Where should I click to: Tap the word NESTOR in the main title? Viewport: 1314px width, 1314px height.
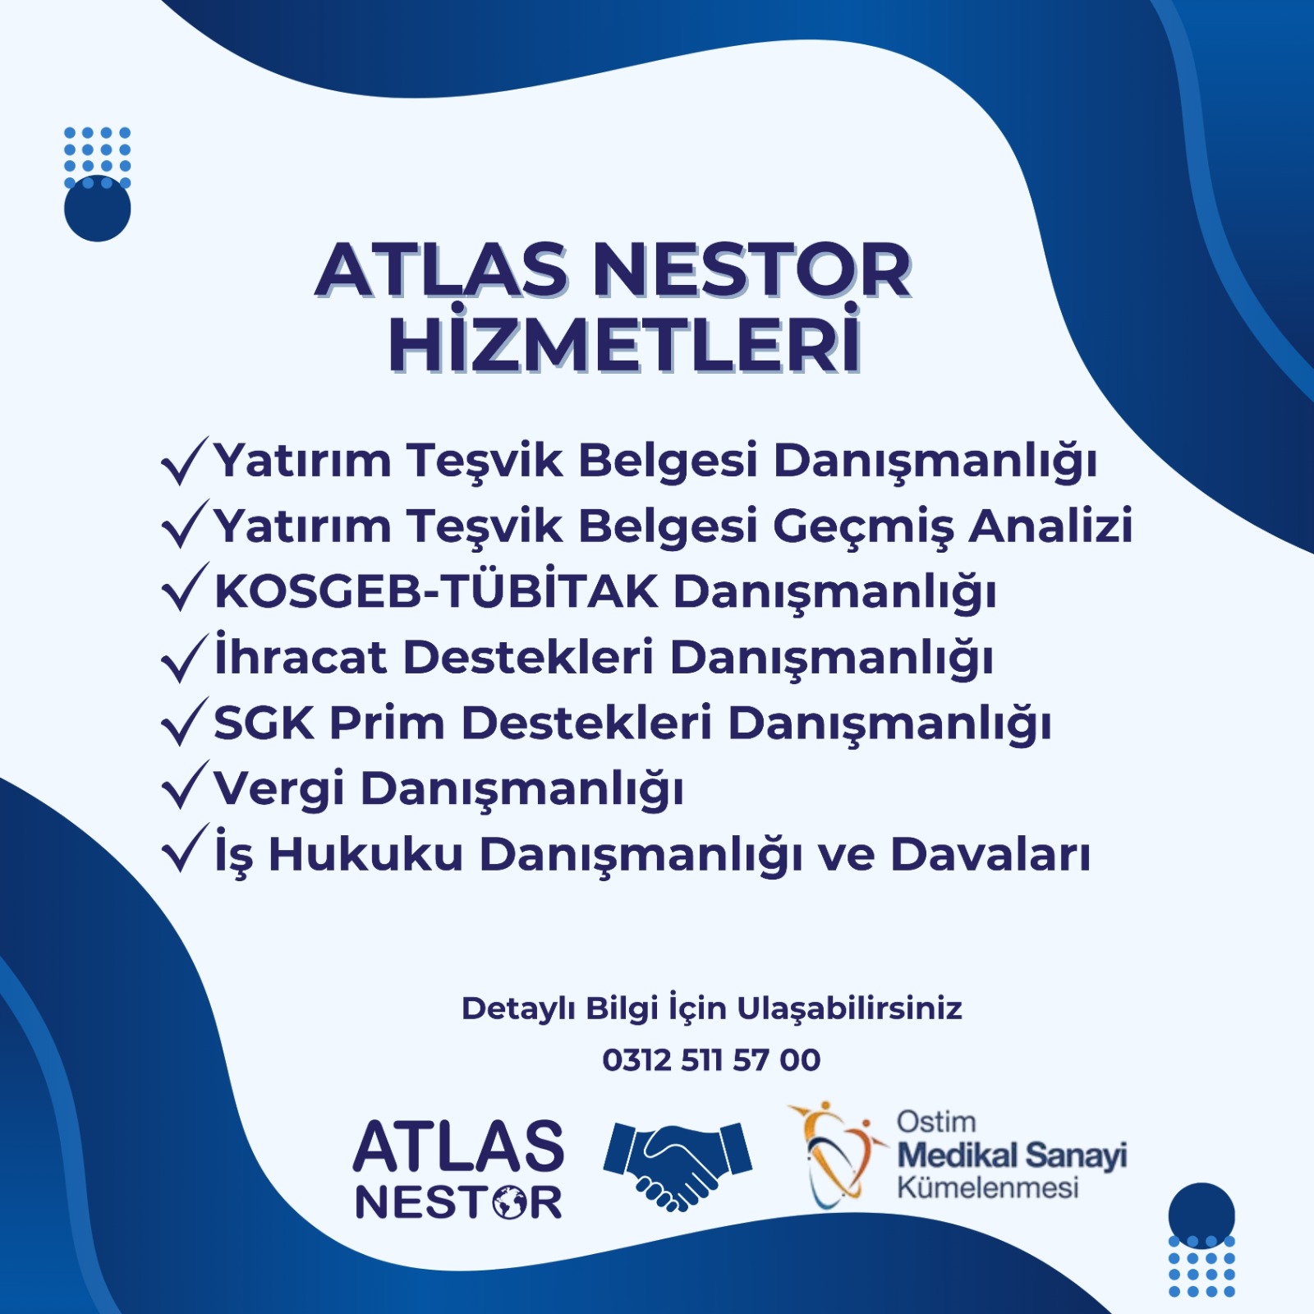tap(752, 270)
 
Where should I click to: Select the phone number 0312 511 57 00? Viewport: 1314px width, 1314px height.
tap(711, 1059)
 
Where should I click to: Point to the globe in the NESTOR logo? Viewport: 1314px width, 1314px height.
tap(511, 1204)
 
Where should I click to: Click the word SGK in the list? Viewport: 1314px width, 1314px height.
tap(264, 723)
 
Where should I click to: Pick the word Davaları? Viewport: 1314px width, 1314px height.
tap(990, 854)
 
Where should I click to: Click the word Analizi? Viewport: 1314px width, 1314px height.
tap(1051, 526)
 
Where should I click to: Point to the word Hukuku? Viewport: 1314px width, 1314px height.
tap(366, 854)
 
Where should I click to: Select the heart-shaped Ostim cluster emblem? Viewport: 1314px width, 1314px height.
tap(838, 1154)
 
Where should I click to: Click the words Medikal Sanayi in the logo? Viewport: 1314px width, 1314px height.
tap(1012, 1155)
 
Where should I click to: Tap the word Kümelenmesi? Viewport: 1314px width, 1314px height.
tap(988, 1188)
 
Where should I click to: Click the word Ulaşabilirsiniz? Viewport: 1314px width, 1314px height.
tap(849, 1008)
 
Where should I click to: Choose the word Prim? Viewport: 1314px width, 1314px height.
tap(387, 723)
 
